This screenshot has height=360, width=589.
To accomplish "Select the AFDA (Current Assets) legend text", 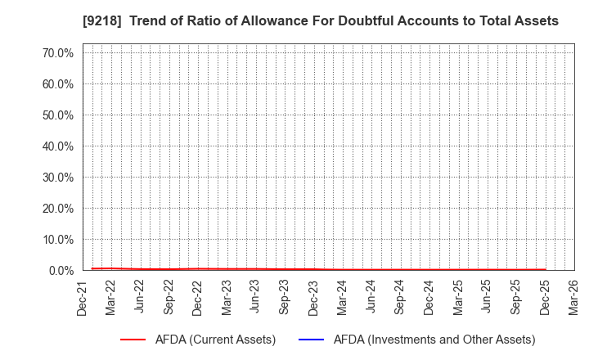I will tap(215, 340).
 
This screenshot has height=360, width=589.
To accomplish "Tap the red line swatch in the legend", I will tap(138, 340).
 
